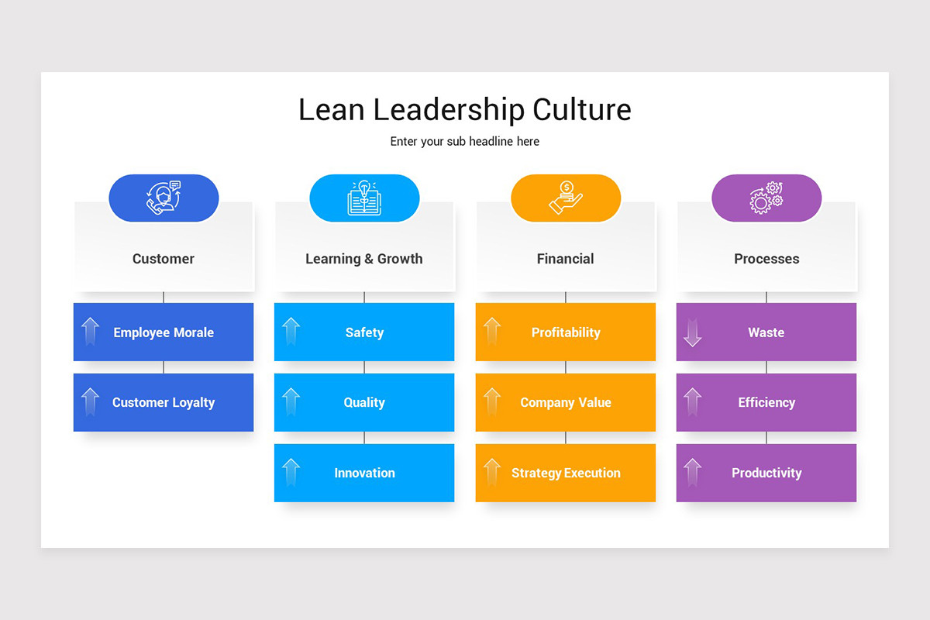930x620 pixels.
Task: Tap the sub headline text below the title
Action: [464, 142]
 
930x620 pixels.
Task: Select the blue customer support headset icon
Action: [164, 198]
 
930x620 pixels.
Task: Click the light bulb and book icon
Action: [364, 198]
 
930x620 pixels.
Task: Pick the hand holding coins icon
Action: [566, 198]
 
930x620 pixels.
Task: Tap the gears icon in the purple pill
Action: [766, 198]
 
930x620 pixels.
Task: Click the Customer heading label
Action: [164, 259]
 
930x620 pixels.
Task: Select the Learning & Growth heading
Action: [364, 259]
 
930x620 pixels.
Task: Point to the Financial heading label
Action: [566, 259]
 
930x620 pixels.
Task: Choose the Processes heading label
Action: [766, 259]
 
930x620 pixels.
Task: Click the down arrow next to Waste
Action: [692, 332]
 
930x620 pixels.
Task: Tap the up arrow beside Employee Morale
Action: [91, 332]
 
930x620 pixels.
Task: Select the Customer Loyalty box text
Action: [164, 402]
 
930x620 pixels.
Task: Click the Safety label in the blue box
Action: [364, 332]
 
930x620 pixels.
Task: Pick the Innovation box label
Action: [364, 473]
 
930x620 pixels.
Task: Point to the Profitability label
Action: [566, 332]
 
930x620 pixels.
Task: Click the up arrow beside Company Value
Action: [492, 401]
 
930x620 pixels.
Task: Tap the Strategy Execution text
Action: [566, 473]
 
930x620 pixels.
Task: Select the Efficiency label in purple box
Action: [766, 402]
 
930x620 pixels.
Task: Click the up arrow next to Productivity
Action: [692, 472]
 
